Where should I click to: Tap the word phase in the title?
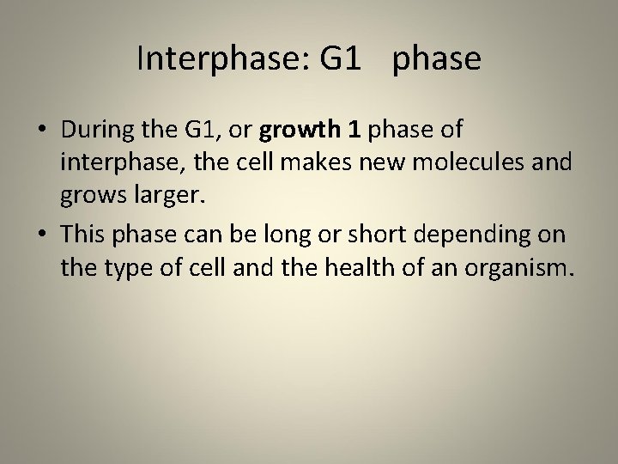coord(437,58)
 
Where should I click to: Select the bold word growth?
coord(298,130)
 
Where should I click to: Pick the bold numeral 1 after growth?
coord(354,130)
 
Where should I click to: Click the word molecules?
coord(458,163)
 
